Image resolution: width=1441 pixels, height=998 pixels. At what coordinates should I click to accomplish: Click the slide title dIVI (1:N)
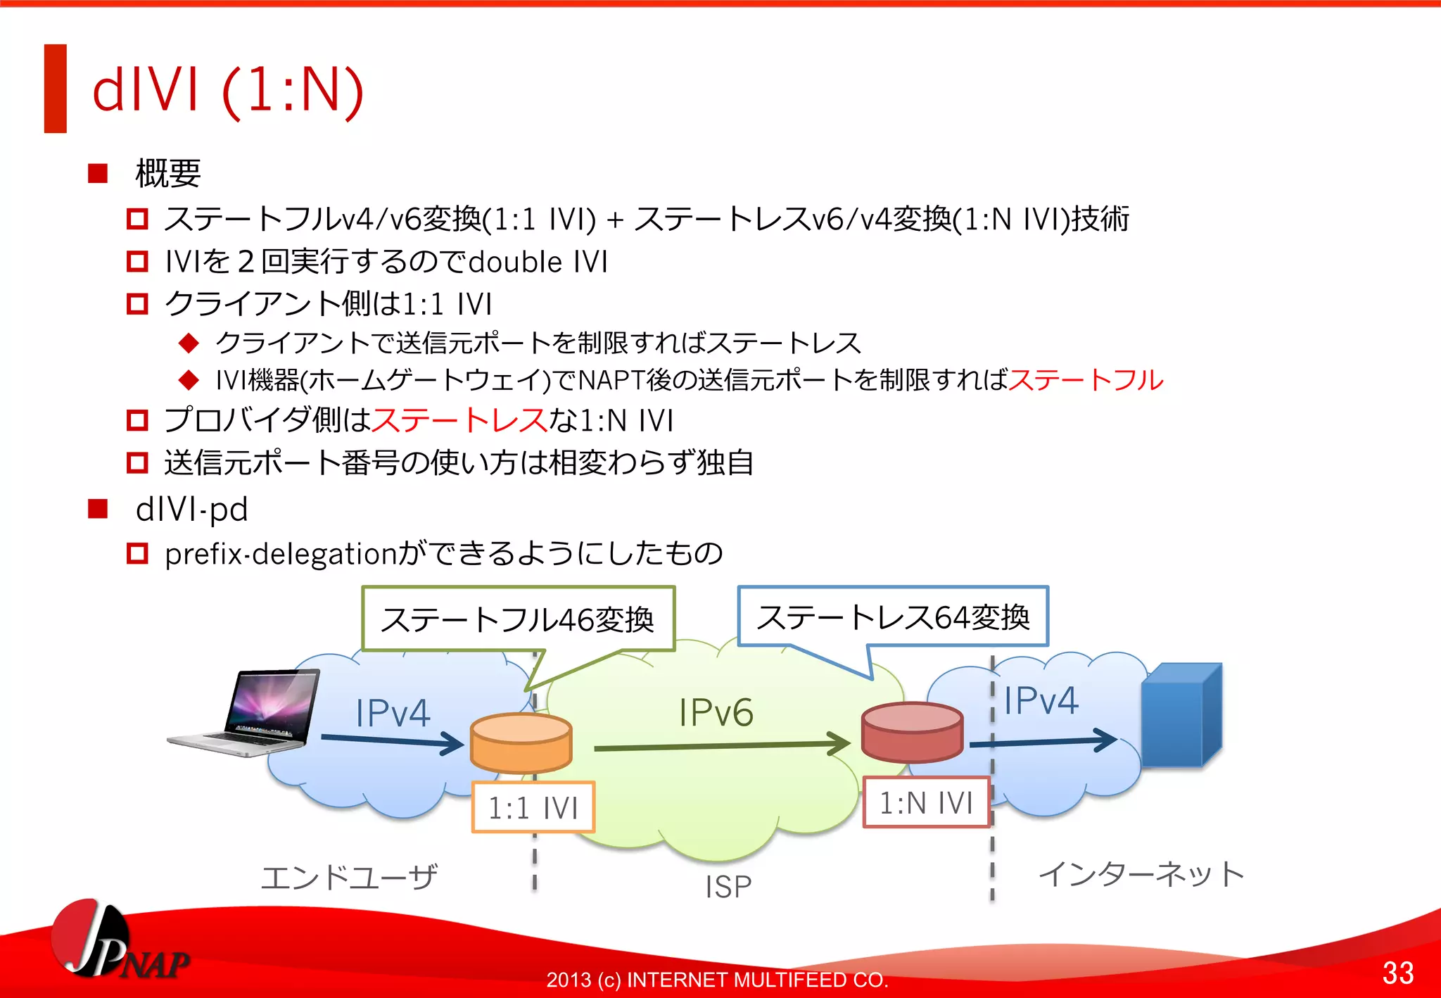(227, 90)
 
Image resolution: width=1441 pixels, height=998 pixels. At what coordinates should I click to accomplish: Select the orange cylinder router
(521, 743)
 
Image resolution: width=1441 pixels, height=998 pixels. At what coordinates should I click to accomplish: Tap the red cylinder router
(912, 733)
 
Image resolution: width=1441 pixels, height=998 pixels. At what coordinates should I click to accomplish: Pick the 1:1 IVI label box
(533, 807)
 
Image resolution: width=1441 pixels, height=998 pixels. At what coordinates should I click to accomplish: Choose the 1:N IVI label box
(926, 802)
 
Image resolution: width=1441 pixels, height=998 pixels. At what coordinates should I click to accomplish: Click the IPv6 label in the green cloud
(716, 712)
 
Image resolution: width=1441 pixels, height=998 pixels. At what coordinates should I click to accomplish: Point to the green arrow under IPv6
(721, 745)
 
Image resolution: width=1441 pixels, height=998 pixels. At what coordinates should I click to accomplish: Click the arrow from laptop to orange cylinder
(391, 740)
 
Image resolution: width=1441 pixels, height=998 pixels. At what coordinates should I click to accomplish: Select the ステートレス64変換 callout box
(893, 617)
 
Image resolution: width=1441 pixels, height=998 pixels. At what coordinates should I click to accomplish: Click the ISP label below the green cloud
(728, 887)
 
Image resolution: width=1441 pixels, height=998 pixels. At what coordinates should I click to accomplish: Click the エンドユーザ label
(349, 878)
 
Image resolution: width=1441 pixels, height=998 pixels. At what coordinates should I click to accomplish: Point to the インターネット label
(1141, 874)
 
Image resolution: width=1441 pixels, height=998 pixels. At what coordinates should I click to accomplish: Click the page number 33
(1397, 973)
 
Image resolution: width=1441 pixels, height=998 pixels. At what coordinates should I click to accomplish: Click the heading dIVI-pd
(191, 509)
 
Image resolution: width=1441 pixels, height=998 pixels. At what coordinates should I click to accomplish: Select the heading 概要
(167, 173)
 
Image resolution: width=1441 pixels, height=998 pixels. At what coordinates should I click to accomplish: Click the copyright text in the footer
(717, 979)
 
